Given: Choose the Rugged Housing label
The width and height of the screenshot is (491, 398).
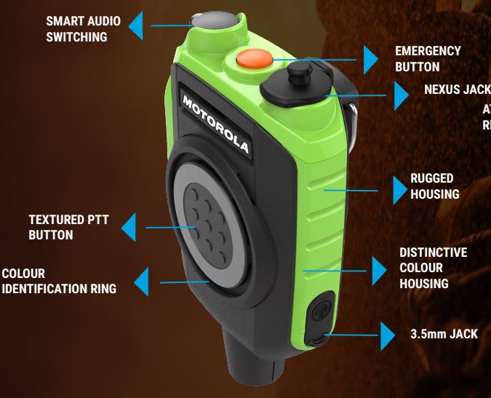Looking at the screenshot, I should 434,186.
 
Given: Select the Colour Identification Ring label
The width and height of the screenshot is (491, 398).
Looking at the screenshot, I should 58,281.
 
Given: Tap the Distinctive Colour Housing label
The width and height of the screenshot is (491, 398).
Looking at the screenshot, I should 433,267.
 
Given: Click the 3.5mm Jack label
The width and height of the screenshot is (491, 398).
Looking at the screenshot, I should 444,334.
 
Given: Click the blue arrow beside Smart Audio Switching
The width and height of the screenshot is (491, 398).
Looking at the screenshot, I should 137,26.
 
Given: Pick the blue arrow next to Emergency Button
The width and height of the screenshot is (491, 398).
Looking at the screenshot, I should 370,58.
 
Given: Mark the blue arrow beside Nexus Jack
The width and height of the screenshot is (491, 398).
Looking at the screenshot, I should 401,95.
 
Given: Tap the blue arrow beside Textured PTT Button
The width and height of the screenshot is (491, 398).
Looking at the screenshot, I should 129,227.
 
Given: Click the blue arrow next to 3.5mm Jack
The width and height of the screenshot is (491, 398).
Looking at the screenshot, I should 388,337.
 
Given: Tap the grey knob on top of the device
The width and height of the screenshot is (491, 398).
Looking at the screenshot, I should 217,23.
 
